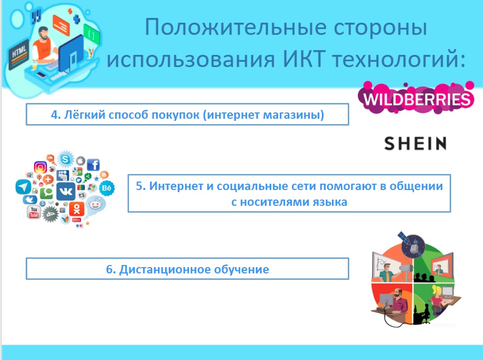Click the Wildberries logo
(x=416, y=98)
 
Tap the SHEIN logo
(x=415, y=144)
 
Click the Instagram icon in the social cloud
(x=40, y=167)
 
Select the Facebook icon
(x=93, y=165)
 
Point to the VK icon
(x=66, y=191)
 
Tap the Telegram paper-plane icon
(x=23, y=187)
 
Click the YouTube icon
(x=34, y=212)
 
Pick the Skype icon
(x=65, y=159)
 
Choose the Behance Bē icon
(x=107, y=188)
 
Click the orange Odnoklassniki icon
(x=77, y=209)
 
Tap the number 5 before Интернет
(x=139, y=186)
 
